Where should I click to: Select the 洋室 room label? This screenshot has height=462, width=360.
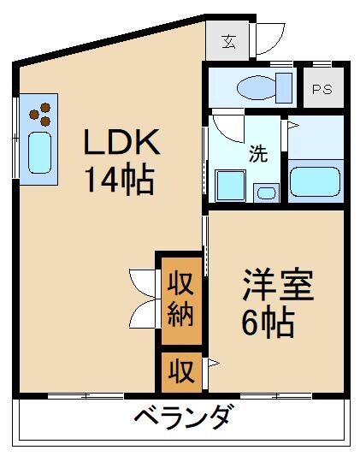click(278, 286)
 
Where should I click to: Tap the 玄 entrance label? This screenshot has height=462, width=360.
click(229, 40)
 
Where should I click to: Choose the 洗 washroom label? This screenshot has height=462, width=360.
click(257, 154)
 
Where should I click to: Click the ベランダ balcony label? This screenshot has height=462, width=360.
click(182, 419)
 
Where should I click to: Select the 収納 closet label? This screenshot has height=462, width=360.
click(180, 299)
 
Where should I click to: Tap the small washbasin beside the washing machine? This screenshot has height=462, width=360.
click(266, 192)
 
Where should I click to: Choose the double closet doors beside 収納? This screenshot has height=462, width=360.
click(141, 299)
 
